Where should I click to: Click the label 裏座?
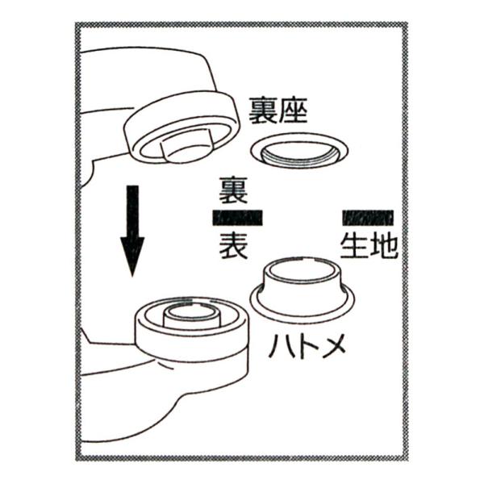[278, 111]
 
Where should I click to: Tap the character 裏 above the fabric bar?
[234, 190]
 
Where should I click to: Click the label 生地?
[369, 244]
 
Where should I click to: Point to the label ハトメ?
[307, 346]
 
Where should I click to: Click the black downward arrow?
[132, 231]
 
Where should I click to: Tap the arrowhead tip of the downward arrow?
[132, 276]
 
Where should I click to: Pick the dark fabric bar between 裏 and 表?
[238, 218]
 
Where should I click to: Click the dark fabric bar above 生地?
[369, 218]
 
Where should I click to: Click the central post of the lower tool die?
[192, 317]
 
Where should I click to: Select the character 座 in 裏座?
[294, 111]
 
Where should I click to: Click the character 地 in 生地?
[384, 244]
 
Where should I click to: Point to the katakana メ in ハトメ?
[333, 346]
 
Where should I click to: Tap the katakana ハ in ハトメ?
[280, 346]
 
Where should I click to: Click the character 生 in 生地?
[354, 244]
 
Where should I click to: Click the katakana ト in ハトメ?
[307, 346]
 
